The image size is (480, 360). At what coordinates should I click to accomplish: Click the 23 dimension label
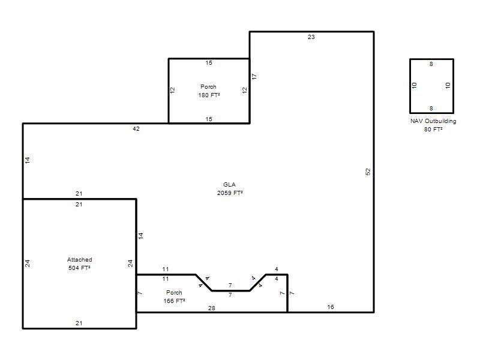click(311, 37)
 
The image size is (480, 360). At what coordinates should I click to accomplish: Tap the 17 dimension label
click(254, 77)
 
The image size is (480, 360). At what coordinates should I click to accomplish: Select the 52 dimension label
click(368, 172)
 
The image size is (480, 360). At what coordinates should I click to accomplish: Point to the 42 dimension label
click(136, 129)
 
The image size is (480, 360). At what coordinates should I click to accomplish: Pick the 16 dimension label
click(331, 307)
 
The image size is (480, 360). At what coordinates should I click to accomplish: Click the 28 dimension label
click(212, 308)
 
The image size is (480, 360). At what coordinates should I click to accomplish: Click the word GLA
click(229, 185)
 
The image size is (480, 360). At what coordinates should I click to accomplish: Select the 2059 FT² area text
click(230, 193)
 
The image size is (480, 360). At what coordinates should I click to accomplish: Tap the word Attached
click(80, 260)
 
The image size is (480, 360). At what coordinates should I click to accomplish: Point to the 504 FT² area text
click(79, 268)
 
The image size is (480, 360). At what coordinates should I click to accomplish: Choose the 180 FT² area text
click(209, 95)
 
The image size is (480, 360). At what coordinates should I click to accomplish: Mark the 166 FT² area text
click(174, 301)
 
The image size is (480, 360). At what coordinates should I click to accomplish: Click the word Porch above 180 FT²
click(208, 87)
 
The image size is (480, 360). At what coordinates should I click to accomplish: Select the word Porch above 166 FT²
click(174, 293)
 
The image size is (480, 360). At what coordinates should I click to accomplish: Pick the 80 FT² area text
click(433, 130)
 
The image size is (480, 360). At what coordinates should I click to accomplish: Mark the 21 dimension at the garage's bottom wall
click(79, 323)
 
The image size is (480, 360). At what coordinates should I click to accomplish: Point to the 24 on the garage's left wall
click(28, 263)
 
